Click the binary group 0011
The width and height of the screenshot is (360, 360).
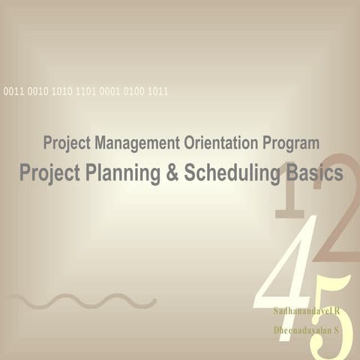tap(13, 91)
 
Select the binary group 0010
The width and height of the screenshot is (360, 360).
tap(37, 91)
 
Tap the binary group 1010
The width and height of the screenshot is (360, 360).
tap(61, 91)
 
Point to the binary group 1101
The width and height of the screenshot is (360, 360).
tap(85, 91)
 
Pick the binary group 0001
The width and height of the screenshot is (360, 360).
tap(109, 91)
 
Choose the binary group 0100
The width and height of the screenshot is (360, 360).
tap(133, 91)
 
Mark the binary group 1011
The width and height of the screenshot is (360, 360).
tap(157, 91)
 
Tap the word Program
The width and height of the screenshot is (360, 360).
tap(292, 142)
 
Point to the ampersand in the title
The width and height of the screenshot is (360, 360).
tap(171, 173)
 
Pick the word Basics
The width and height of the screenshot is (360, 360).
tap(314, 173)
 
